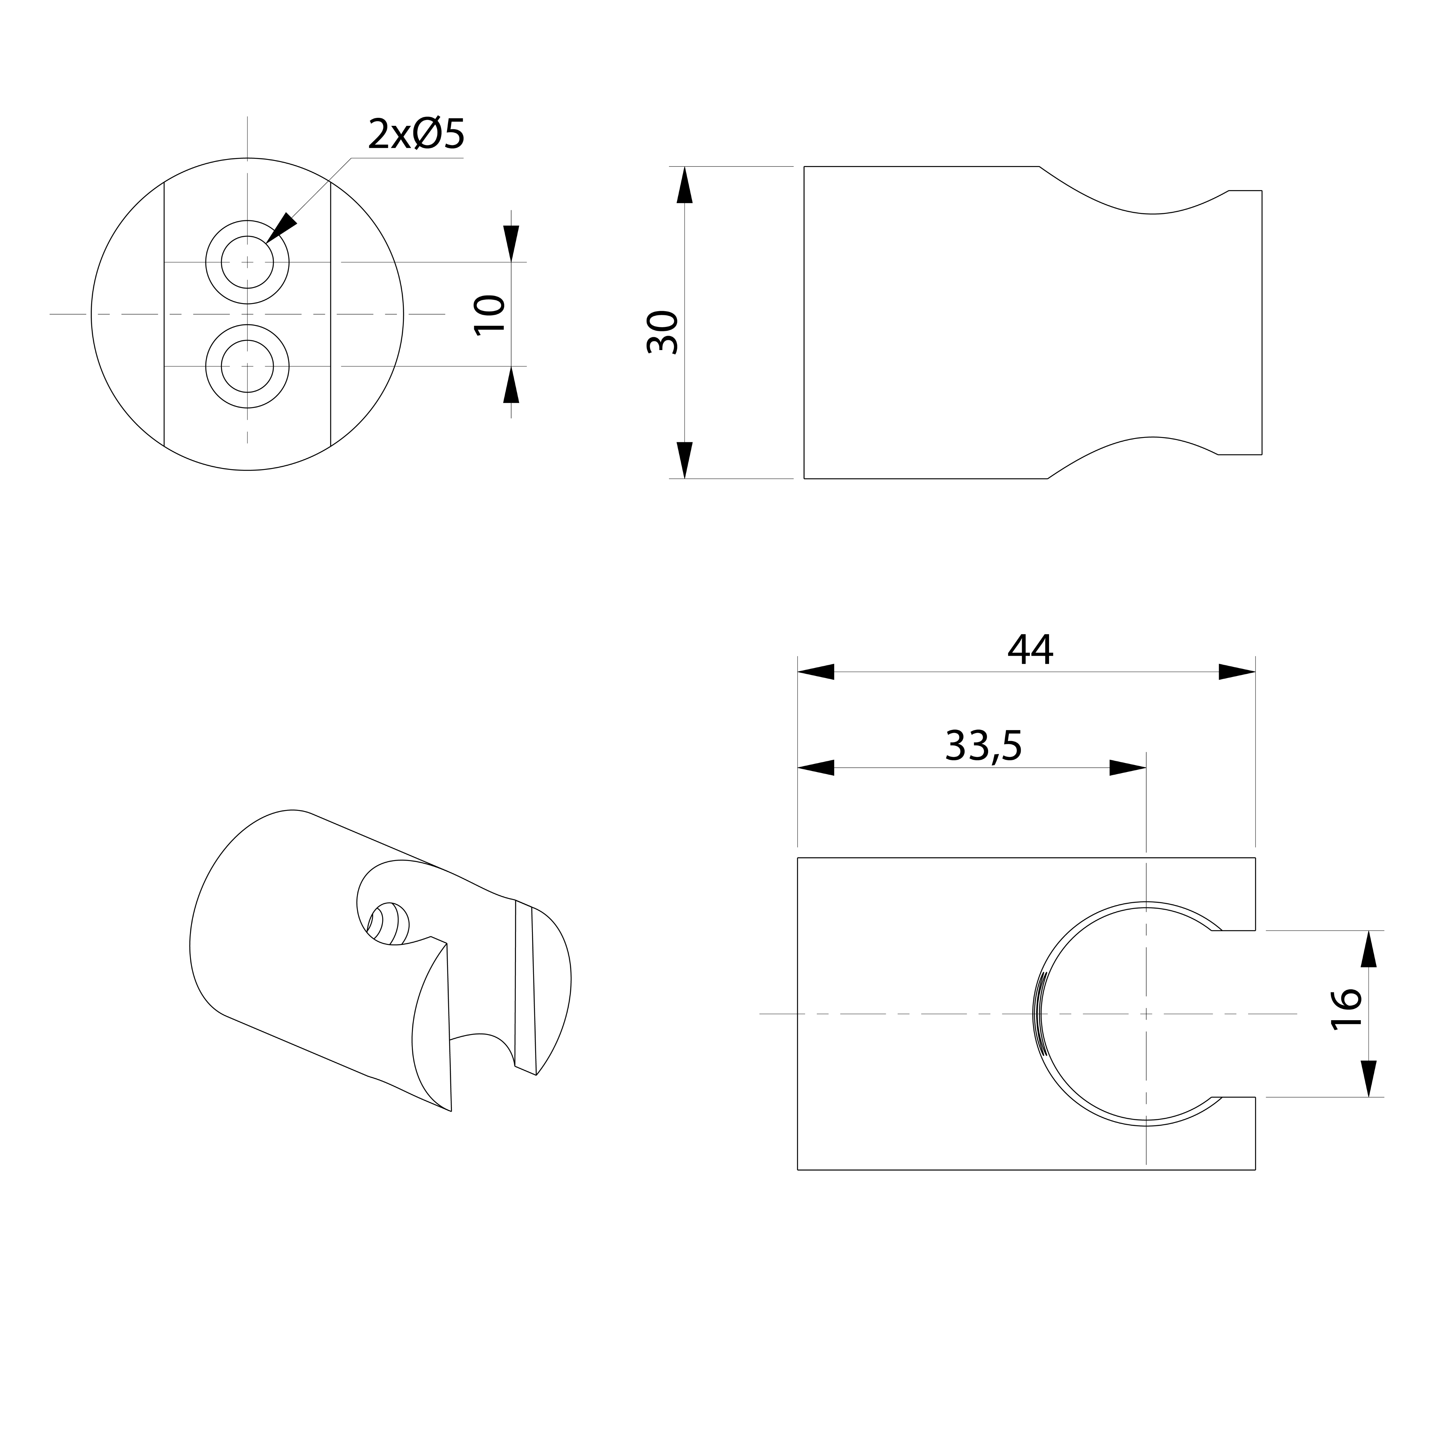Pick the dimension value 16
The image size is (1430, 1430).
pos(1346,1008)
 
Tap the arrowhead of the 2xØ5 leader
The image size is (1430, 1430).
pos(281,227)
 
